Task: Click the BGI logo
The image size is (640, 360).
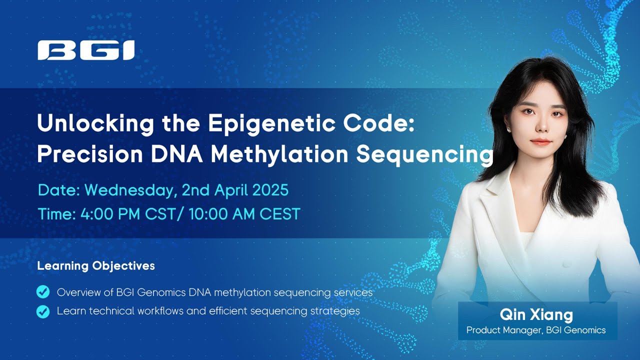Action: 86,50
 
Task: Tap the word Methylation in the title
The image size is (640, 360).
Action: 279,154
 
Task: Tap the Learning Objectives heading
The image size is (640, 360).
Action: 96,266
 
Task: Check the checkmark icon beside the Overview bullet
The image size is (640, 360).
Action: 43,292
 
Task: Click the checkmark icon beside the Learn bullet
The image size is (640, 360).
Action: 43,311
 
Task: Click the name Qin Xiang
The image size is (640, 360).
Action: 536,315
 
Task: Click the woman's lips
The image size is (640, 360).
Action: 541,142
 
